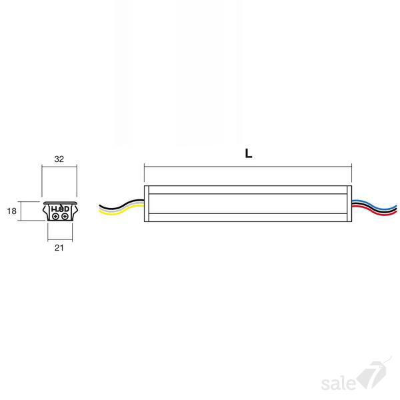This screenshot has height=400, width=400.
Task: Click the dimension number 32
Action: click(59, 159)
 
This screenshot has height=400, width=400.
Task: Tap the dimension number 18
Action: click(12, 211)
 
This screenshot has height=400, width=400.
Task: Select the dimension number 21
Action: click(59, 248)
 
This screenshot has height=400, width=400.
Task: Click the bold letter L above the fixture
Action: click(249, 153)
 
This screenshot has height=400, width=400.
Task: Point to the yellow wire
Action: click(121, 211)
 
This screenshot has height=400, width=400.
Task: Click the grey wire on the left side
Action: click(121, 207)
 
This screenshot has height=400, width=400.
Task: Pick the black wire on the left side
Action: click(121, 205)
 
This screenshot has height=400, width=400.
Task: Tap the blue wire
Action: click(374, 205)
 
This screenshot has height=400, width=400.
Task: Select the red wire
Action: click(374, 211)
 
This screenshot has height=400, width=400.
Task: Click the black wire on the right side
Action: click(374, 208)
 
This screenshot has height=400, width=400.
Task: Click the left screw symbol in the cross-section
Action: click(55, 217)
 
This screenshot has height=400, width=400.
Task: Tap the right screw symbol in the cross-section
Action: click(65, 217)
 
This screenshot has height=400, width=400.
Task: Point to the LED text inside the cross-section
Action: click(60, 209)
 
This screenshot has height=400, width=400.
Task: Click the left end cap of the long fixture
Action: click(147, 203)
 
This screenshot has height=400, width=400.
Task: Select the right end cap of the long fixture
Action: click(349, 203)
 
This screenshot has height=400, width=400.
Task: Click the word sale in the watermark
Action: click(338, 383)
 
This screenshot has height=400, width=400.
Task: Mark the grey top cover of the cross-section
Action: click(60, 203)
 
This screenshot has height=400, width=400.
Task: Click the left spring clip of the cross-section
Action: click(45, 211)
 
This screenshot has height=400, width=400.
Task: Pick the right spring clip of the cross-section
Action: click(75, 211)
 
